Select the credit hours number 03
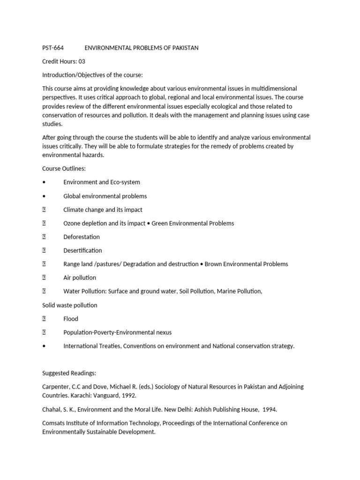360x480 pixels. click(82, 61)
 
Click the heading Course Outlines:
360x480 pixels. click(64, 168)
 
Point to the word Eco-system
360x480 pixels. click(125, 182)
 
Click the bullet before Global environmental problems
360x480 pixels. click(44, 196)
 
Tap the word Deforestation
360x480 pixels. click(82, 237)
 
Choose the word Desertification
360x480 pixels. click(82, 250)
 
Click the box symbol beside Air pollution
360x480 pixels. click(44, 277)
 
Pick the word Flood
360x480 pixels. click(71, 319)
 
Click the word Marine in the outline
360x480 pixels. click(227, 291)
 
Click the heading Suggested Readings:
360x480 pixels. click(69, 373)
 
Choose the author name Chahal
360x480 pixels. click(52, 409)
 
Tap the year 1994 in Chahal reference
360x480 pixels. click(269, 409)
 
